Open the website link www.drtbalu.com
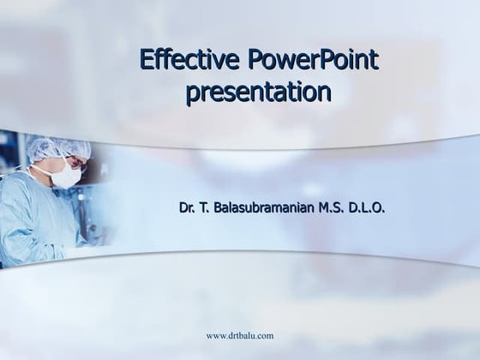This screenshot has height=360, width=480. point(240,336)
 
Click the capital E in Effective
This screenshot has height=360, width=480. point(147,62)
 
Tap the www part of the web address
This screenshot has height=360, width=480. point(216,336)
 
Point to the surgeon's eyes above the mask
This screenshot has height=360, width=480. point(73,163)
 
